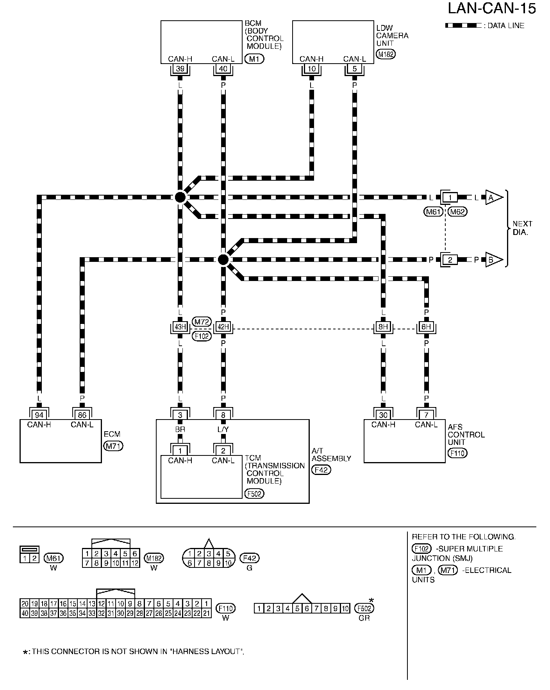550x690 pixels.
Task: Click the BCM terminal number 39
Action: [180, 69]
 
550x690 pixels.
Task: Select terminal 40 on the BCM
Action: [223, 69]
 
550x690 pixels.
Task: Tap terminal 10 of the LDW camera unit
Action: [311, 69]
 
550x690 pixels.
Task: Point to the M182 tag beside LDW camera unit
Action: [386, 54]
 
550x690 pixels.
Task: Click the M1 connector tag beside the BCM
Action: [254, 59]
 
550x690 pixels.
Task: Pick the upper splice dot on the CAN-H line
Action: [180, 197]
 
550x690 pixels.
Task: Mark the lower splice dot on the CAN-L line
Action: [223, 260]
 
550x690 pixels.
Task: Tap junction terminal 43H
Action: [180, 327]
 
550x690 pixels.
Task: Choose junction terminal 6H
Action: [426, 327]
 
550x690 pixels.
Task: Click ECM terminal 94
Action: [39, 415]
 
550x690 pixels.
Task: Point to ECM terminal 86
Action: [82, 415]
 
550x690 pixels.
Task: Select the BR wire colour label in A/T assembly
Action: [180, 429]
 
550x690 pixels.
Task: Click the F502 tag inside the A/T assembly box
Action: [254, 494]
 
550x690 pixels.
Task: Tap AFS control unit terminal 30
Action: [383, 415]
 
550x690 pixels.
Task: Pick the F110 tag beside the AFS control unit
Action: [457, 453]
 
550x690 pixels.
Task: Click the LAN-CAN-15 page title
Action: [492, 9]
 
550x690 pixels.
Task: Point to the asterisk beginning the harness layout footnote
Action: [26, 652]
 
